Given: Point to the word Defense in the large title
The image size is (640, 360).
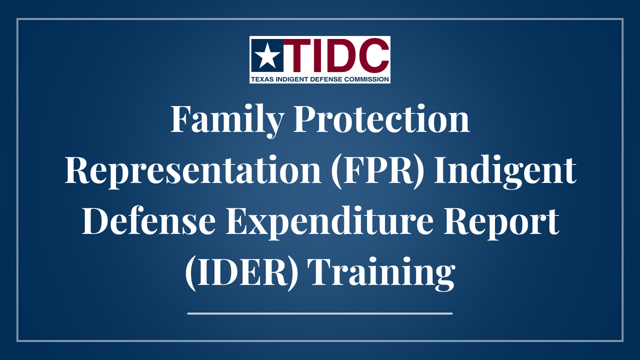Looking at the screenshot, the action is [x=149, y=220].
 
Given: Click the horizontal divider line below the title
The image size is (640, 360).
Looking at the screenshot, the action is [x=320, y=313].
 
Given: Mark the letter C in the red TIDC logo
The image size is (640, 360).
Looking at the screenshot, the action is [x=373, y=55].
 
